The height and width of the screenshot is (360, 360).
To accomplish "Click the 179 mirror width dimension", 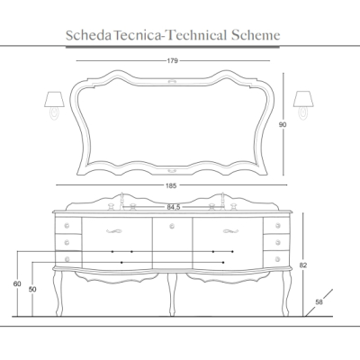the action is click(x=173, y=61).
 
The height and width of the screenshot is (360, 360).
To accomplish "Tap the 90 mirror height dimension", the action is click(x=283, y=124).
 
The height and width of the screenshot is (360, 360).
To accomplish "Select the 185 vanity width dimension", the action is click(x=171, y=185).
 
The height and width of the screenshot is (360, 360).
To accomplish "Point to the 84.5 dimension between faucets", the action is click(x=174, y=207).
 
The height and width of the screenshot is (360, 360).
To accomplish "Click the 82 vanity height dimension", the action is click(x=303, y=265).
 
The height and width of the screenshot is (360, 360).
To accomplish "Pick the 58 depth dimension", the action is click(x=319, y=302).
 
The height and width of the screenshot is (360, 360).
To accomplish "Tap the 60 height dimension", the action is click(x=17, y=283).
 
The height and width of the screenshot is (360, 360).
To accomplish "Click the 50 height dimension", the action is click(x=32, y=290).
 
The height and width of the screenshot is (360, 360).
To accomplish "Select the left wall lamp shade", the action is click(x=54, y=99).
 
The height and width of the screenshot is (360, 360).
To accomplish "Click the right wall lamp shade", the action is click(x=303, y=99).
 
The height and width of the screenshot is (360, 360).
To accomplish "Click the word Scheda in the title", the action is click(x=88, y=35).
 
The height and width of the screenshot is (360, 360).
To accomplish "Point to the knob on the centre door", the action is click(x=172, y=226).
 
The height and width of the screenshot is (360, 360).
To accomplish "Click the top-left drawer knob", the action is click(x=67, y=226).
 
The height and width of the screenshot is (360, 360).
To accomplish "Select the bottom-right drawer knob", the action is click(x=278, y=258).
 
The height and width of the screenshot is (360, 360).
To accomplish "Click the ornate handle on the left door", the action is click(x=114, y=231).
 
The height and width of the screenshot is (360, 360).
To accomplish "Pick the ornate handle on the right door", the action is click(x=230, y=231).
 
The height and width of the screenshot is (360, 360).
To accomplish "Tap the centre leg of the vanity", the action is click(x=172, y=294).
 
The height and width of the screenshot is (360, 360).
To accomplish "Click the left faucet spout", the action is click(x=121, y=201).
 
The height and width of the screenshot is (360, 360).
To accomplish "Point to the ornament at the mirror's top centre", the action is click(x=172, y=81).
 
